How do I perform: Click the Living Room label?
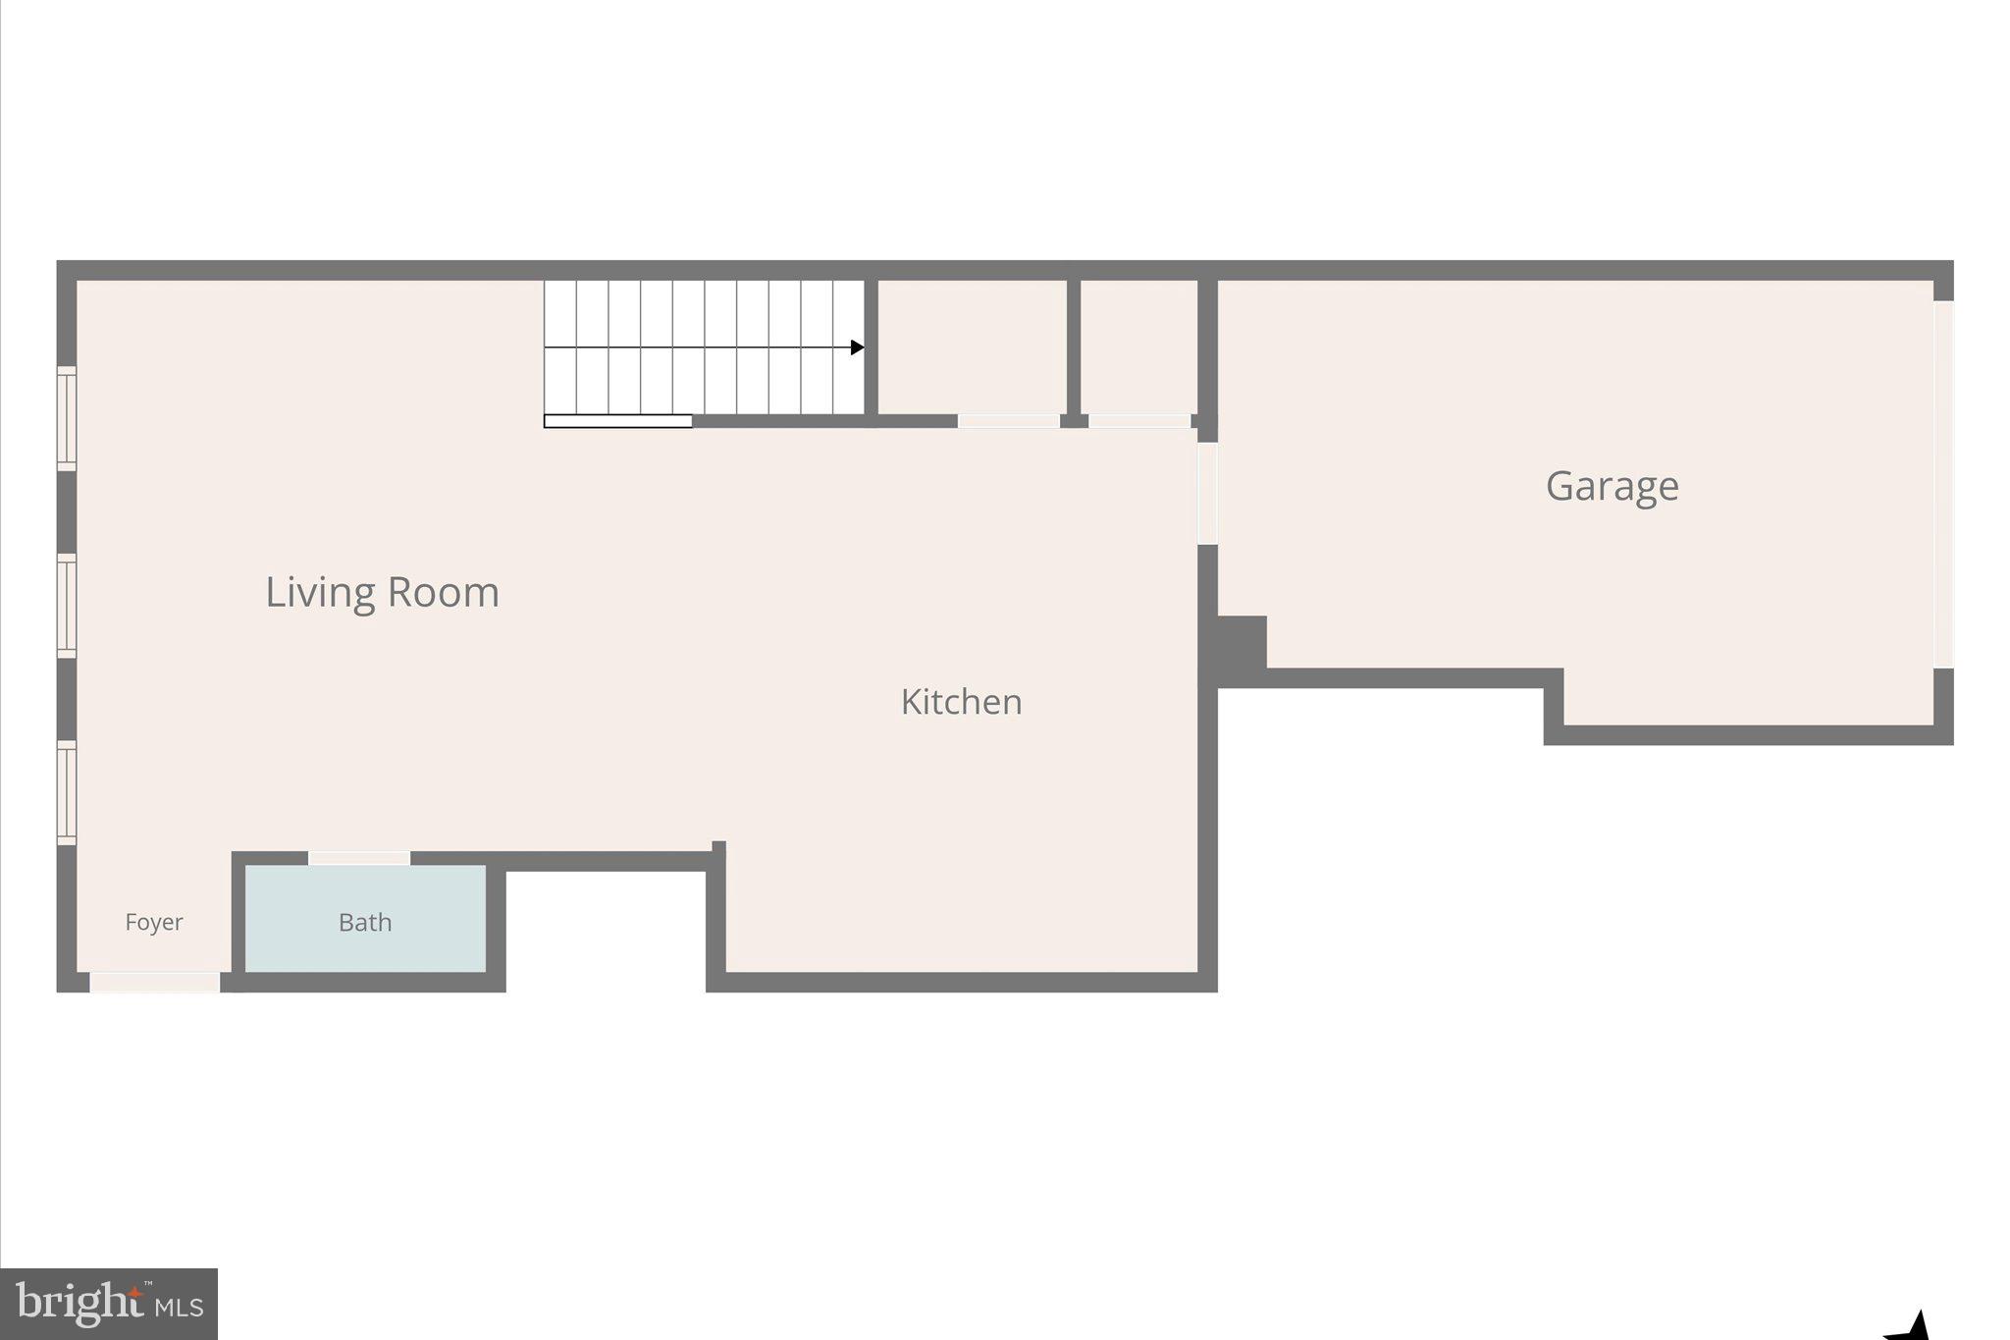click(x=382, y=592)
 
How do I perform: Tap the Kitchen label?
click(x=961, y=702)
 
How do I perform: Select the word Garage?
click(x=1612, y=486)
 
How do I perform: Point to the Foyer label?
click(x=154, y=922)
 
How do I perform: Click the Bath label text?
click(x=365, y=922)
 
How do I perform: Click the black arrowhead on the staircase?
click(x=857, y=348)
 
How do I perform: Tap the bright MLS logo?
click(x=109, y=1304)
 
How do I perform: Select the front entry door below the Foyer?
click(x=155, y=982)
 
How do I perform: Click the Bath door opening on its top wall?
click(x=359, y=858)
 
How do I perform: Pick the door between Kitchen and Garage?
click(x=1207, y=494)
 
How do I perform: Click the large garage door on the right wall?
click(x=1943, y=484)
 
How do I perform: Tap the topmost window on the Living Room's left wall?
click(x=67, y=418)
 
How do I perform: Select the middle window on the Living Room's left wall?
click(x=67, y=606)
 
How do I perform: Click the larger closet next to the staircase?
click(x=972, y=347)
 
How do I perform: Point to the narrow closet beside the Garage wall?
click(x=1137, y=347)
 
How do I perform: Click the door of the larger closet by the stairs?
click(x=1008, y=421)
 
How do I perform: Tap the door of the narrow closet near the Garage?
click(x=1138, y=421)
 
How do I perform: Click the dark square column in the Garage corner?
click(x=1242, y=643)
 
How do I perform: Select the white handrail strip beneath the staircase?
click(x=618, y=421)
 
